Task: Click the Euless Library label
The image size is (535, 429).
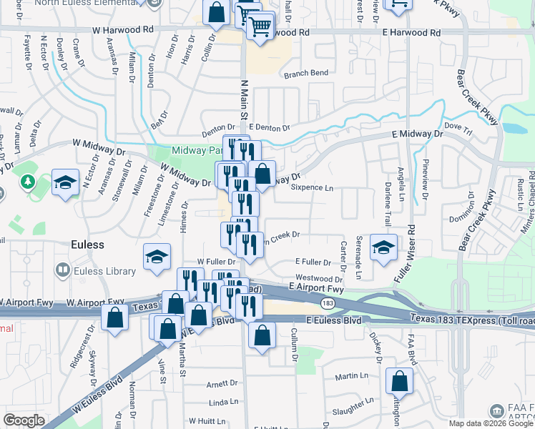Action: point(104,271)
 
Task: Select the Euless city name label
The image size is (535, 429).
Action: point(87,245)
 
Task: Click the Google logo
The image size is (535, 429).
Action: point(24,420)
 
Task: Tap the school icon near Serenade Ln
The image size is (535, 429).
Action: point(383,248)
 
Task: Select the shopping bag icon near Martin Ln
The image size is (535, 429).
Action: point(399,380)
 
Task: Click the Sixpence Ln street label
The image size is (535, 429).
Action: point(313,188)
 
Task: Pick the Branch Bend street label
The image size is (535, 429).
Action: point(305,74)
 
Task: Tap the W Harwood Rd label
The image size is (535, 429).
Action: point(123,31)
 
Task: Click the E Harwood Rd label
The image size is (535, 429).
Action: point(411,33)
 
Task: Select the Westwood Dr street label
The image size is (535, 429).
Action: point(319,279)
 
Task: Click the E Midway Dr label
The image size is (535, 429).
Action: point(418,134)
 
